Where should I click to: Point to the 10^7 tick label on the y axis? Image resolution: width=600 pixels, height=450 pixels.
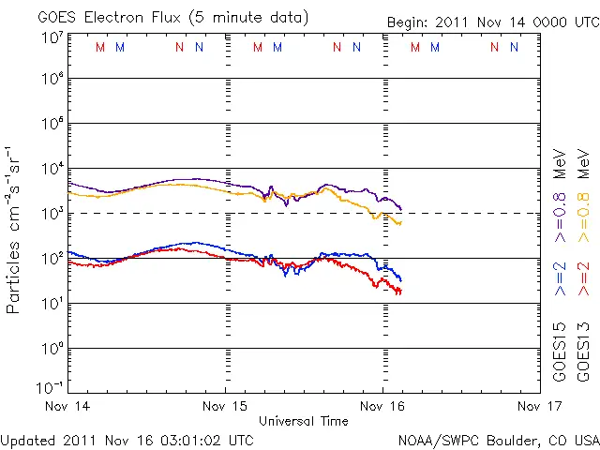tap(52, 38)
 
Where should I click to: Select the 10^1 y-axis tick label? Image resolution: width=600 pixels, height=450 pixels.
tap(52, 304)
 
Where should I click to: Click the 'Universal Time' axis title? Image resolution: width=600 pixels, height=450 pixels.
tap(303, 421)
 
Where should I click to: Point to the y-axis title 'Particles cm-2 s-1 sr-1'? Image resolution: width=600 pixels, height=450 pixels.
tap(16, 229)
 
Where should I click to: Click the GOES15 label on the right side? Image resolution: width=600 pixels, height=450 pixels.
tap(561, 353)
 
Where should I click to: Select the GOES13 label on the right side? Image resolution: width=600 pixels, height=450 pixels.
tap(583, 353)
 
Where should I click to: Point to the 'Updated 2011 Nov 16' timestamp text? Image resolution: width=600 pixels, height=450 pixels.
tap(127, 440)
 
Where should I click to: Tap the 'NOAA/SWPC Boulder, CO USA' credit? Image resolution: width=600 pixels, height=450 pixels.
tap(498, 440)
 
